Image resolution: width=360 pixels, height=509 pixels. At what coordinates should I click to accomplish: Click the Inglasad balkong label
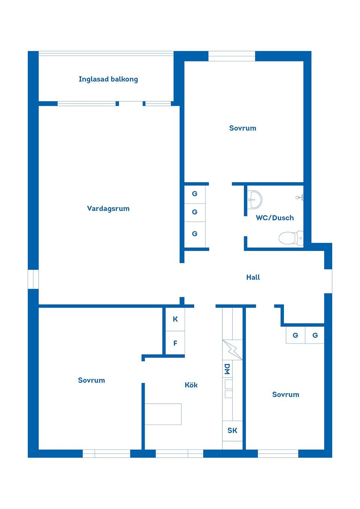point(108,79)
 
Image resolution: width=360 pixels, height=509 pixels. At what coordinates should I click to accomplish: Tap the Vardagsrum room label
point(108,208)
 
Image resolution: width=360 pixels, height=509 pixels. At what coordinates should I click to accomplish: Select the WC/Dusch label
point(274,218)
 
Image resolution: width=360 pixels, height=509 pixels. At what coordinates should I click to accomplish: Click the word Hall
point(253,277)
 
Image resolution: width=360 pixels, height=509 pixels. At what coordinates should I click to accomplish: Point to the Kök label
point(191,385)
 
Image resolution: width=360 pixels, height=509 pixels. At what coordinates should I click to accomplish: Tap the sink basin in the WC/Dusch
point(255,199)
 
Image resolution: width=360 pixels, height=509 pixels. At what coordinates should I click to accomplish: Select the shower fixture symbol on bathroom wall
point(300,197)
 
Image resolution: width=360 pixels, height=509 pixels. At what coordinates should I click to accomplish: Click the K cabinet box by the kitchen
point(175,319)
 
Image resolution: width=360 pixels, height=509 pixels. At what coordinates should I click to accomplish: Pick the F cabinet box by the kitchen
point(175,343)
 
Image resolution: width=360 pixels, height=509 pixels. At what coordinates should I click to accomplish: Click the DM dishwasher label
point(227,369)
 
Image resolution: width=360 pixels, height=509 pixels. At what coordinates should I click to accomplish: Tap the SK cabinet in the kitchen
point(232,431)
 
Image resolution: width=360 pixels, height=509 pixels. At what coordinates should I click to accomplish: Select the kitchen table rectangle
point(163,414)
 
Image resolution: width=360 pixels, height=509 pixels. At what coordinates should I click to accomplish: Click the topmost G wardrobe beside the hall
point(195,194)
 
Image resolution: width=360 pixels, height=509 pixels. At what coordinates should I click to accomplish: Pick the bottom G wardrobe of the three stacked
point(195,234)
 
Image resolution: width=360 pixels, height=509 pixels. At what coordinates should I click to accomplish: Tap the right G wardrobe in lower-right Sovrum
point(315,335)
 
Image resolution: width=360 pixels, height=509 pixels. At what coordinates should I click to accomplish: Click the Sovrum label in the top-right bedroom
point(243,128)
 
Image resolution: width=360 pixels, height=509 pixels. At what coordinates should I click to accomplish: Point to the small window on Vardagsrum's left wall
point(33,279)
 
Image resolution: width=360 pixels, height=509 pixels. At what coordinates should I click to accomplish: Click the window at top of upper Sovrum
point(231,56)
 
